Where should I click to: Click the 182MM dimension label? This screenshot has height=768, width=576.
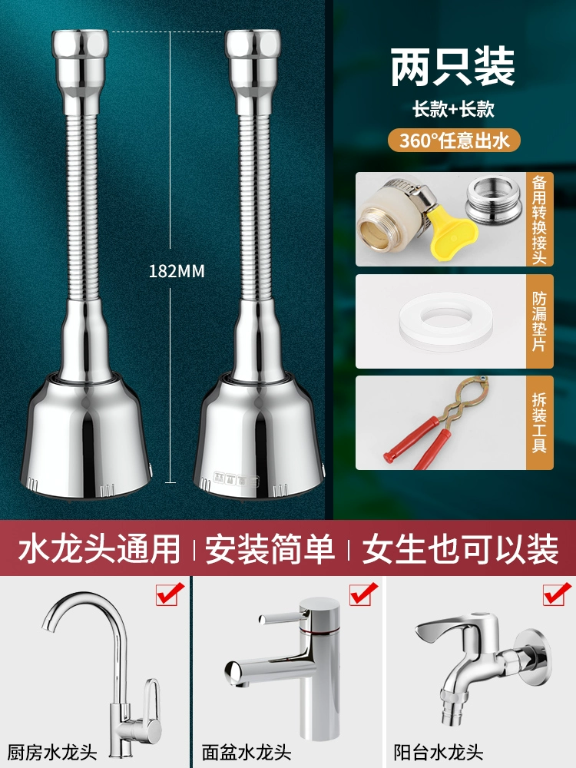pyautogui.click(x=177, y=271)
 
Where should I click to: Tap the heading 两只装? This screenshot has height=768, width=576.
pyautogui.click(x=452, y=67)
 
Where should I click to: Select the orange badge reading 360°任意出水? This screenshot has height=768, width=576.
pyautogui.click(x=454, y=141)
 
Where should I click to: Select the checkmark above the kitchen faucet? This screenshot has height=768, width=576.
pyautogui.click(x=170, y=594)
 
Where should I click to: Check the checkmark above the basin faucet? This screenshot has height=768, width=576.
pyautogui.click(x=363, y=594)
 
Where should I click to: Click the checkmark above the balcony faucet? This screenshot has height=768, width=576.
pyautogui.click(x=557, y=594)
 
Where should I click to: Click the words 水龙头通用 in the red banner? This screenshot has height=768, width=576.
pyautogui.click(x=100, y=548)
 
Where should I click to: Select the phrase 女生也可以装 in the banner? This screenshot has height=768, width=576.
pyautogui.click(x=460, y=548)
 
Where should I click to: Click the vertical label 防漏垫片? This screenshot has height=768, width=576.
pyautogui.click(x=539, y=321)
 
